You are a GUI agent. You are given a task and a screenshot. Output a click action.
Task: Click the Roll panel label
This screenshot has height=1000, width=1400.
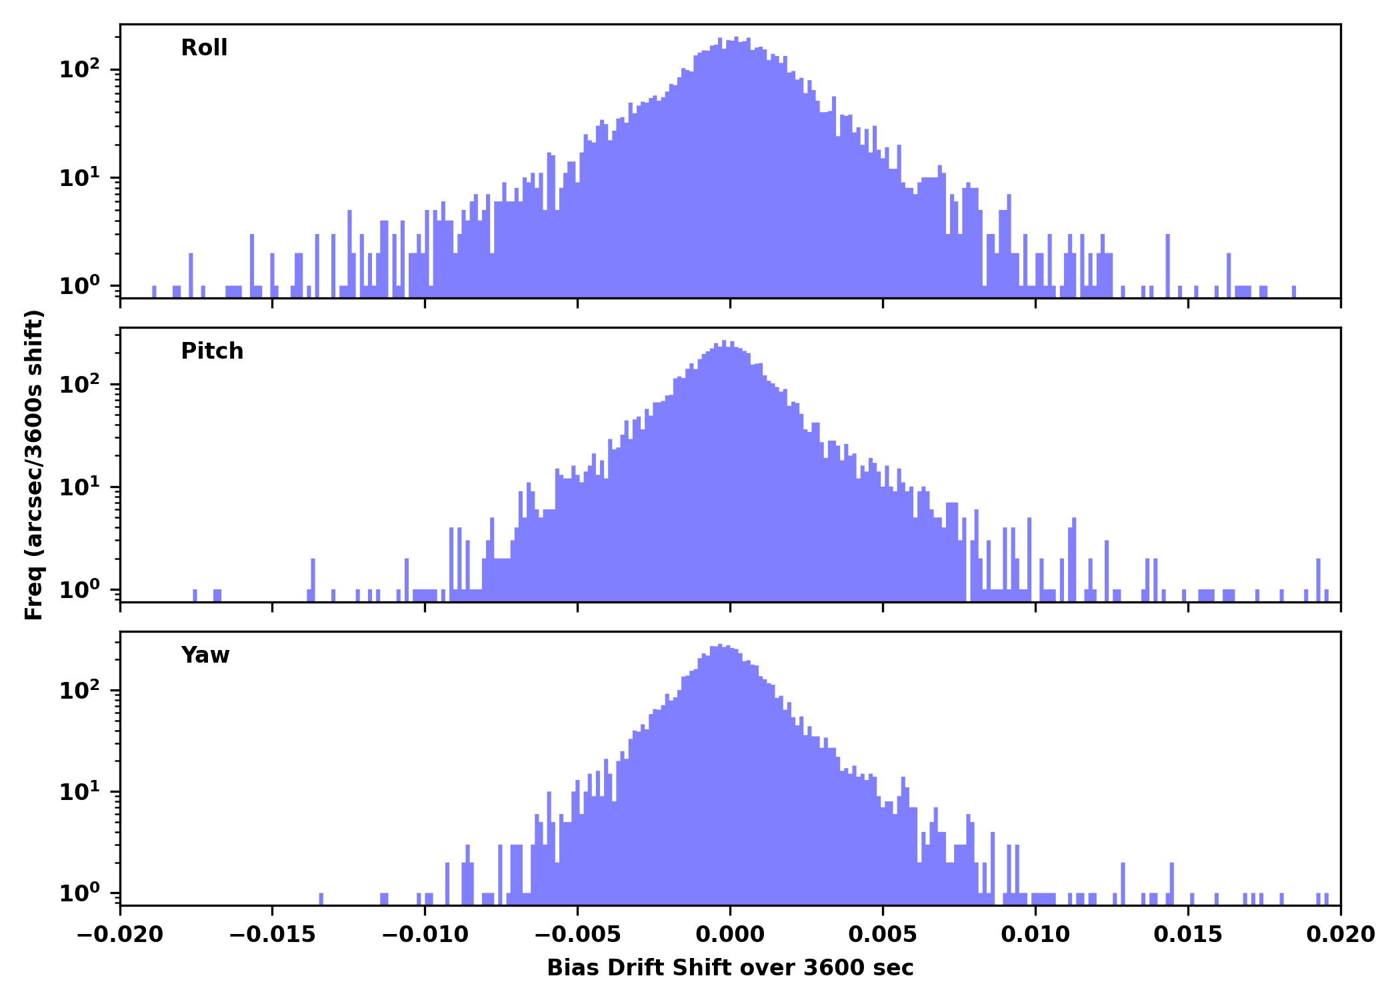pyautogui.click(x=204, y=48)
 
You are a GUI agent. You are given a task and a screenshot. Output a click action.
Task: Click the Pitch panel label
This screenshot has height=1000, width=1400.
pyautogui.click(x=212, y=351)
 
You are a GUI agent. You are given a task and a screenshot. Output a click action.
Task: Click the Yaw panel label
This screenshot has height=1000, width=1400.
pyautogui.click(x=205, y=655)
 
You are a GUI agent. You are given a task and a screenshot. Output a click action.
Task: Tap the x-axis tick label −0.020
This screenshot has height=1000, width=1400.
pyautogui.click(x=120, y=935)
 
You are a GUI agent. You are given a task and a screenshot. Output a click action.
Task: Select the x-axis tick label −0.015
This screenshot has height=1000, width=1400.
pyautogui.click(x=272, y=935)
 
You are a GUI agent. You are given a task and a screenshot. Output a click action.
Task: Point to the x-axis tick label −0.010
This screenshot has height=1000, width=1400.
pyautogui.click(x=425, y=935)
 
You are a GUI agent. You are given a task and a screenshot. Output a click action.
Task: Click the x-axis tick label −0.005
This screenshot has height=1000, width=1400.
pyautogui.click(x=577, y=935)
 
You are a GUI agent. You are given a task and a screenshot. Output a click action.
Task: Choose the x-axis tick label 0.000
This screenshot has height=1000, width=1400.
pyautogui.click(x=730, y=935)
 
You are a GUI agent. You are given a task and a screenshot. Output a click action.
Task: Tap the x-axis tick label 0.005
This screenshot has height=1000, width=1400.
pyautogui.click(x=883, y=935)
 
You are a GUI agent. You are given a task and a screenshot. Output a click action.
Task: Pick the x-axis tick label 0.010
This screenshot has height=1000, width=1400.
pyautogui.click(x=1035, y=935)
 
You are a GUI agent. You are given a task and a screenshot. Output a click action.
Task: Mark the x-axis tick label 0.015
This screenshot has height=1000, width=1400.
pyautogui.click(x=1188, y=935)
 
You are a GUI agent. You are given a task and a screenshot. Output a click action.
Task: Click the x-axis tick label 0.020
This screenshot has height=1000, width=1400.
pyautogui.click(x=1340, y=935)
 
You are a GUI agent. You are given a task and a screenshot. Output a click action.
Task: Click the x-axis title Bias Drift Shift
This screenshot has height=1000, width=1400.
pyautogui.click(x=730, y=968)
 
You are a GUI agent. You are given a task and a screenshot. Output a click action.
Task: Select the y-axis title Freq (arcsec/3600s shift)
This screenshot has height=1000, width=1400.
pyautogui.click(x=34, y=465)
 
